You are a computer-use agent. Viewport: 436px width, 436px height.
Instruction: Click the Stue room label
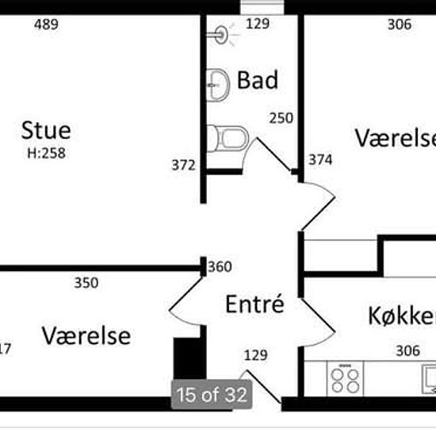[x=46, y=130]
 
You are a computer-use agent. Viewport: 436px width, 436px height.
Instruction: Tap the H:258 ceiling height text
[x=46, y=153]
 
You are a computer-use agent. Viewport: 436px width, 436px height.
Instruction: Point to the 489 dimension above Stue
[x=47, y=25]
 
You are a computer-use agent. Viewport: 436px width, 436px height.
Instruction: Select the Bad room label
[x=258, y=80]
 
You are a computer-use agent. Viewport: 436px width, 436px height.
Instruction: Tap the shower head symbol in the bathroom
[x=222, y=34]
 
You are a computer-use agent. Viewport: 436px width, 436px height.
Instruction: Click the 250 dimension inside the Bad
[x=281, y=118]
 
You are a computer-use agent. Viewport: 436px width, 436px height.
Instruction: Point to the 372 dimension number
[x=183, y=165]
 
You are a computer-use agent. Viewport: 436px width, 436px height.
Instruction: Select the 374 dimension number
[x=321, y=160]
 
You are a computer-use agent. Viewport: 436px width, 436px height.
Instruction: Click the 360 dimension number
[x=220, y=267]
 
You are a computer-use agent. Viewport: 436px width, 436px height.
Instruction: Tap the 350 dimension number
[x=86, y=282]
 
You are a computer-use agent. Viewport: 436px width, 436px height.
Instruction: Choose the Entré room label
[x=254, y=304]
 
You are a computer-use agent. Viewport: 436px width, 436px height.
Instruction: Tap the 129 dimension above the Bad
[x=258, y=25]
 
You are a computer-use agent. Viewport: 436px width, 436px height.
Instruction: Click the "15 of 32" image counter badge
[x=212, y=394]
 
